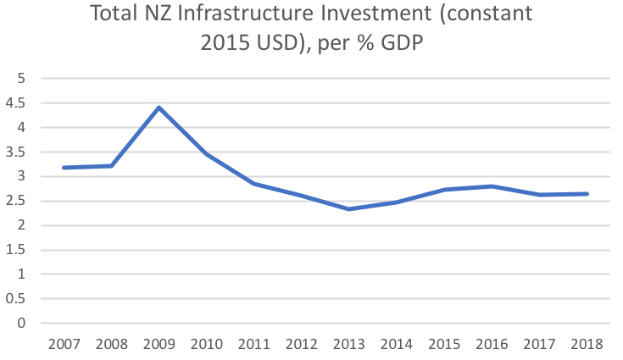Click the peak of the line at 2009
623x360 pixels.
tap(159, 108)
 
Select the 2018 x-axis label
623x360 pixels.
tap(587, 345)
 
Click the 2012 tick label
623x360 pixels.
tap(302, 345)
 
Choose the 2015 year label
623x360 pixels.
tap(445, 345)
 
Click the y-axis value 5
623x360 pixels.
tap(23, 79)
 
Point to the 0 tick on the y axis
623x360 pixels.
tap(23, 324)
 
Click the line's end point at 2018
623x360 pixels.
tap(587, 194)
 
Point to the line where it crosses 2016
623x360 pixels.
tap(492, 186)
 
